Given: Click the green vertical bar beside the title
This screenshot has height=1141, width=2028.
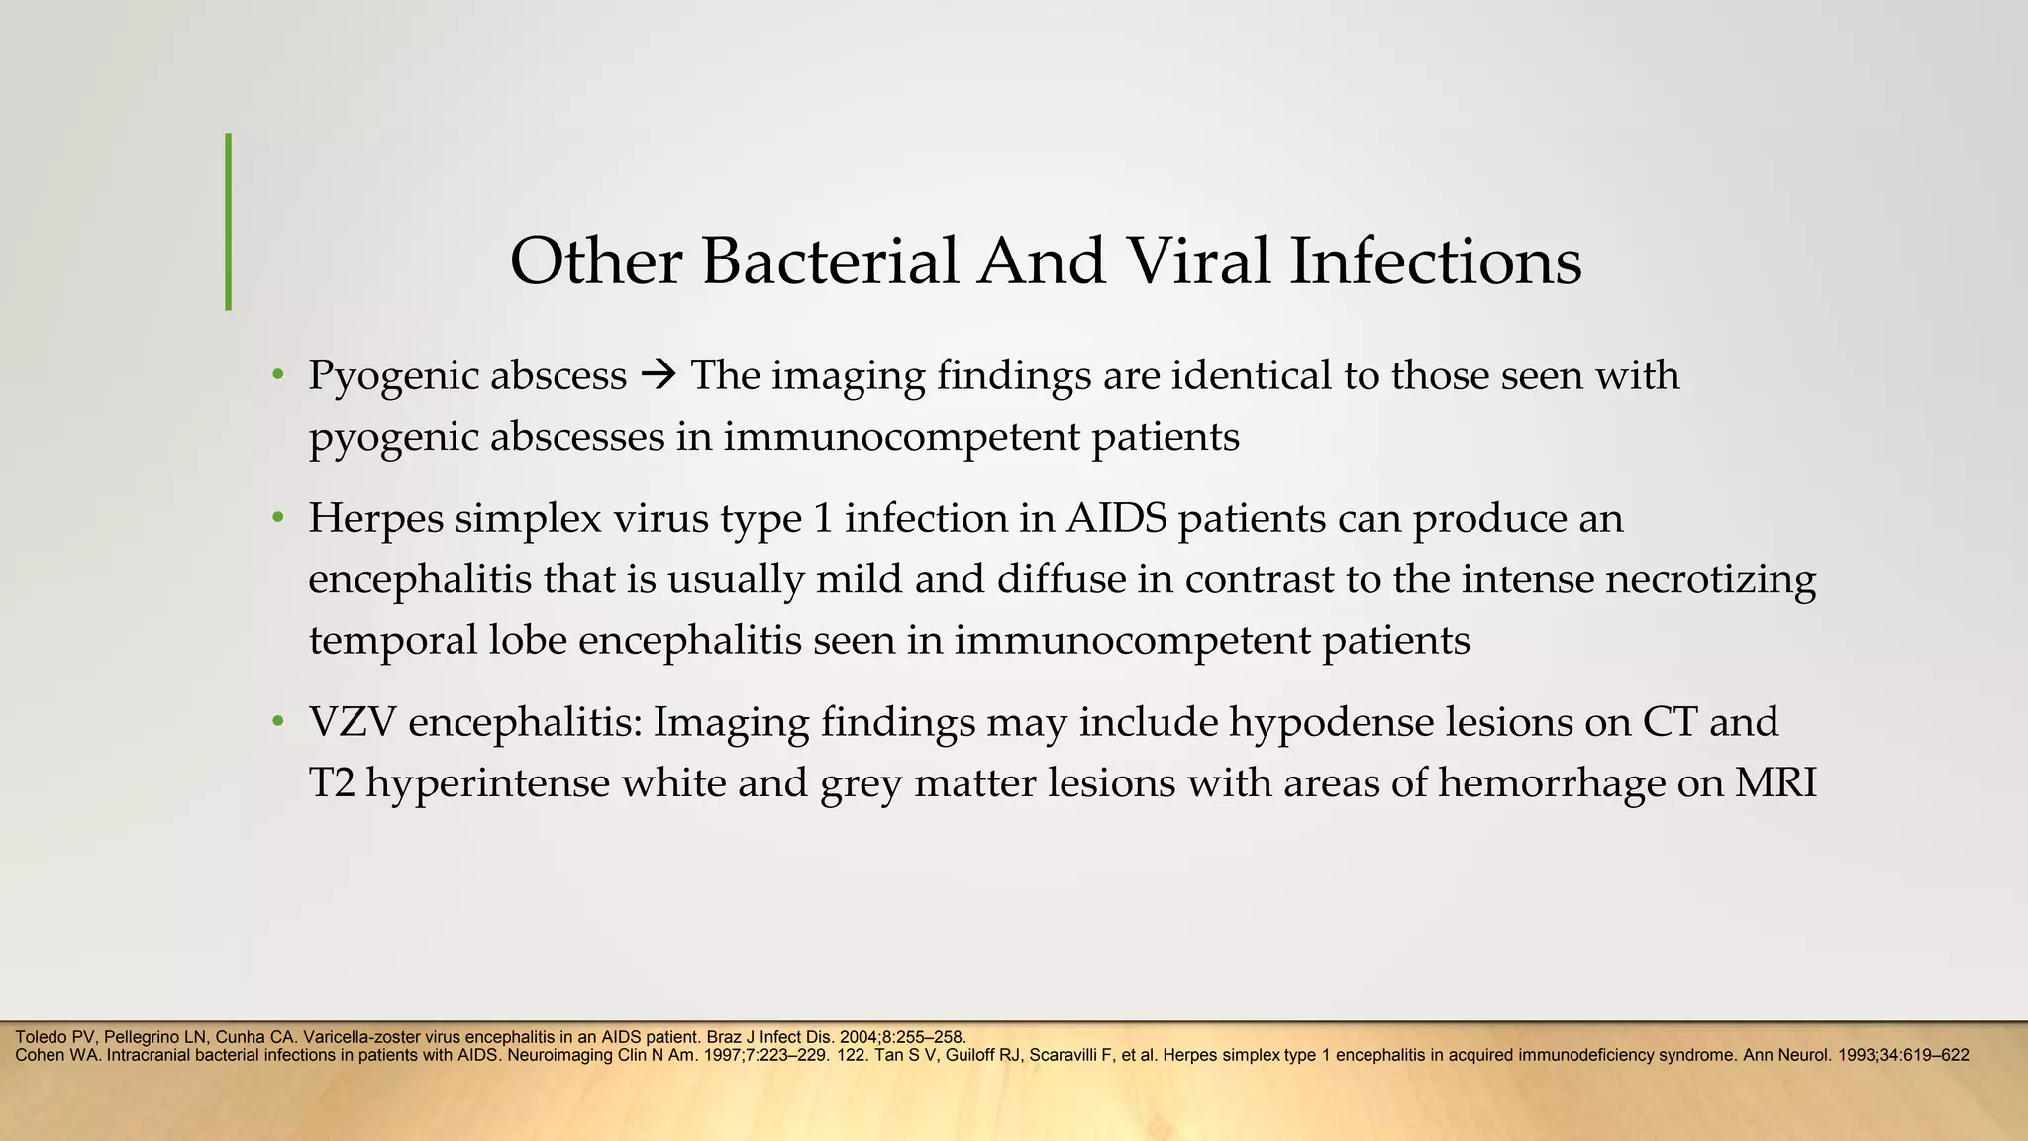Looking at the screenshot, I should tap(229, 222).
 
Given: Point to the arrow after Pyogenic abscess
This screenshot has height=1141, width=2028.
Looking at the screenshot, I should tap(658, 376).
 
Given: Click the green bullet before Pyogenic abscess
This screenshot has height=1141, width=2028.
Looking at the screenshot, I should tap(279, 376).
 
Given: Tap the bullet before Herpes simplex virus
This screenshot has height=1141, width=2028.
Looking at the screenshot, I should tap(279, 519).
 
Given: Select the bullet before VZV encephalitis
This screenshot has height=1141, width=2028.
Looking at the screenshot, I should tap(279, 722).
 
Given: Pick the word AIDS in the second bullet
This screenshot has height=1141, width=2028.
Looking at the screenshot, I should tap(1120, 518).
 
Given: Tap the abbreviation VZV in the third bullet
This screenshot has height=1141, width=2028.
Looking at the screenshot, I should tap(352, 722).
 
